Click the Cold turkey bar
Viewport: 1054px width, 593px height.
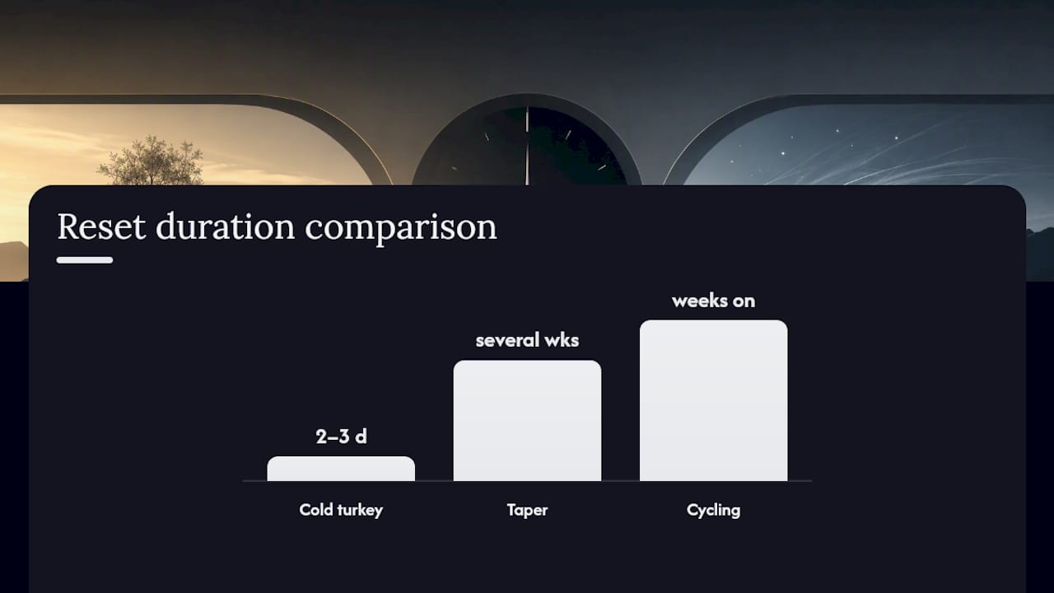point(341,469)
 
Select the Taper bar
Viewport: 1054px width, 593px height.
point(528,421)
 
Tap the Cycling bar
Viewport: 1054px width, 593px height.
point(714,400)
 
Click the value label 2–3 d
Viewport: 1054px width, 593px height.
point(341,437)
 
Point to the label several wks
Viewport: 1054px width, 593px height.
point(528,340)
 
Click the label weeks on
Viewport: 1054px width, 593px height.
point(714,301)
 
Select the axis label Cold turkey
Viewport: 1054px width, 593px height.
point(341,510)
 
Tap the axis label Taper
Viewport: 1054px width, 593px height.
point(528,511)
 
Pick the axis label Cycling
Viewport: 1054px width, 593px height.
point(714,511)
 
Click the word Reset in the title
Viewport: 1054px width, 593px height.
point(101,226)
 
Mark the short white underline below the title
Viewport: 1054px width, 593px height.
point(85,260)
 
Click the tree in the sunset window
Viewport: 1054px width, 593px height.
point(152,161)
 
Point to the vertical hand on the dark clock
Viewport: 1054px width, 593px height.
point(527,146)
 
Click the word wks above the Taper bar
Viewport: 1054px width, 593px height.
point(562,340)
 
